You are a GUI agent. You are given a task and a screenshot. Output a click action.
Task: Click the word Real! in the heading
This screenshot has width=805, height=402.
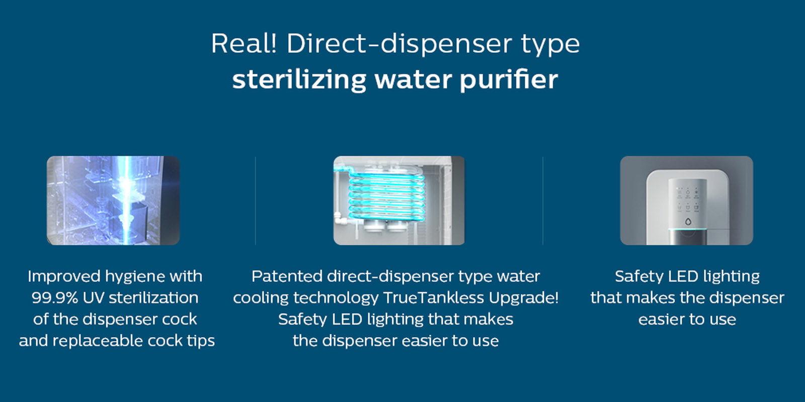(x=244, y=43)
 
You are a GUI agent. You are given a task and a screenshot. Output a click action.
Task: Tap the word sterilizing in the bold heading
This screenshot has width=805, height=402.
(x=299, y=79)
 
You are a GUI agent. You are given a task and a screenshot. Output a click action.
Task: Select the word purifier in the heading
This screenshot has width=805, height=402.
(x=509, y=80)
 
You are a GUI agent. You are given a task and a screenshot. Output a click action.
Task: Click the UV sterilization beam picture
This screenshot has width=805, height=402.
(x=113, y=200)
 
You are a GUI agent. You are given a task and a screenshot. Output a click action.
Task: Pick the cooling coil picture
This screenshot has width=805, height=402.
(x=399, y=200)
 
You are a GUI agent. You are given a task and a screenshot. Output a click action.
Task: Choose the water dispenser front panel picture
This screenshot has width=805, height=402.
(x=686, y=200)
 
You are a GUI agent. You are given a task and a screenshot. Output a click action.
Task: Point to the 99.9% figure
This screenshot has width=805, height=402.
(x=55, y=297)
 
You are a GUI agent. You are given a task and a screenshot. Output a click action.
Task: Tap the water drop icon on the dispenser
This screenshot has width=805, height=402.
(x=688, y=222)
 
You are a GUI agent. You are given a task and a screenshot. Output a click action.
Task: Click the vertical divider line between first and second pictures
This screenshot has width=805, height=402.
(x=256, y=201)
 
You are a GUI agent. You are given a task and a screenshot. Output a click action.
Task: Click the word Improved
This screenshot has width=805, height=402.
(x=63, y=277)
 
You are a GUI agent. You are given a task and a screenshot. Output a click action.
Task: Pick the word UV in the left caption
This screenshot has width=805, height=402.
(x=94, y=297)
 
